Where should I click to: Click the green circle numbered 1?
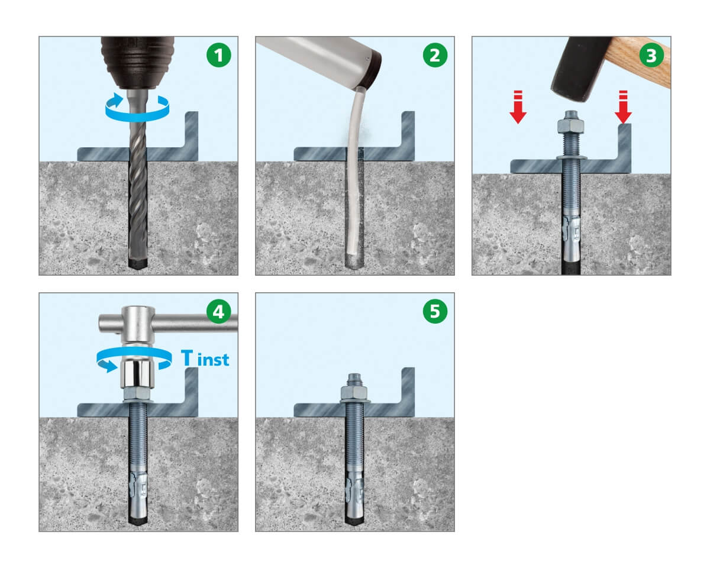pyautogui.click(x=218, y=55)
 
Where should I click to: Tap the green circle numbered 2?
pyautogui.click(x=435, y=55)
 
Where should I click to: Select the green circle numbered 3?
pyautogui.click(x=651, y=55)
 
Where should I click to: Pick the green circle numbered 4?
pyautogui.click(x=218, y=311)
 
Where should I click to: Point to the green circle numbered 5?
pyautogui.click(x=435, y=311)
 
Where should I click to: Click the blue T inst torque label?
pyautogui.click(x=205, y=359)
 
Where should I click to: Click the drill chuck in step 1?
pyautogui.click(x=138, y=63)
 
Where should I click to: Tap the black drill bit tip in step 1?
pyautogui.click(x=138, y=263)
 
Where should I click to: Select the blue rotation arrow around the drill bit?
pyautogui.click(x=137, y=114)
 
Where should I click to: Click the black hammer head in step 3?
pyautogui.click(x=580, y=69)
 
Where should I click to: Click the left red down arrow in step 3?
pyautogui.click(x=518, y=107)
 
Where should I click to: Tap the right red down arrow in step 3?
pyautogui.click(x=623, y=107)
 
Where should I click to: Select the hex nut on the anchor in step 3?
pyautogui.click(x=570, y=126)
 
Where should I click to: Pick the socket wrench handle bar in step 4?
pyautogui.click(x=168, y=323)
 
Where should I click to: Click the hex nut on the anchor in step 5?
pyautogui.click(x=354, y=392)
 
